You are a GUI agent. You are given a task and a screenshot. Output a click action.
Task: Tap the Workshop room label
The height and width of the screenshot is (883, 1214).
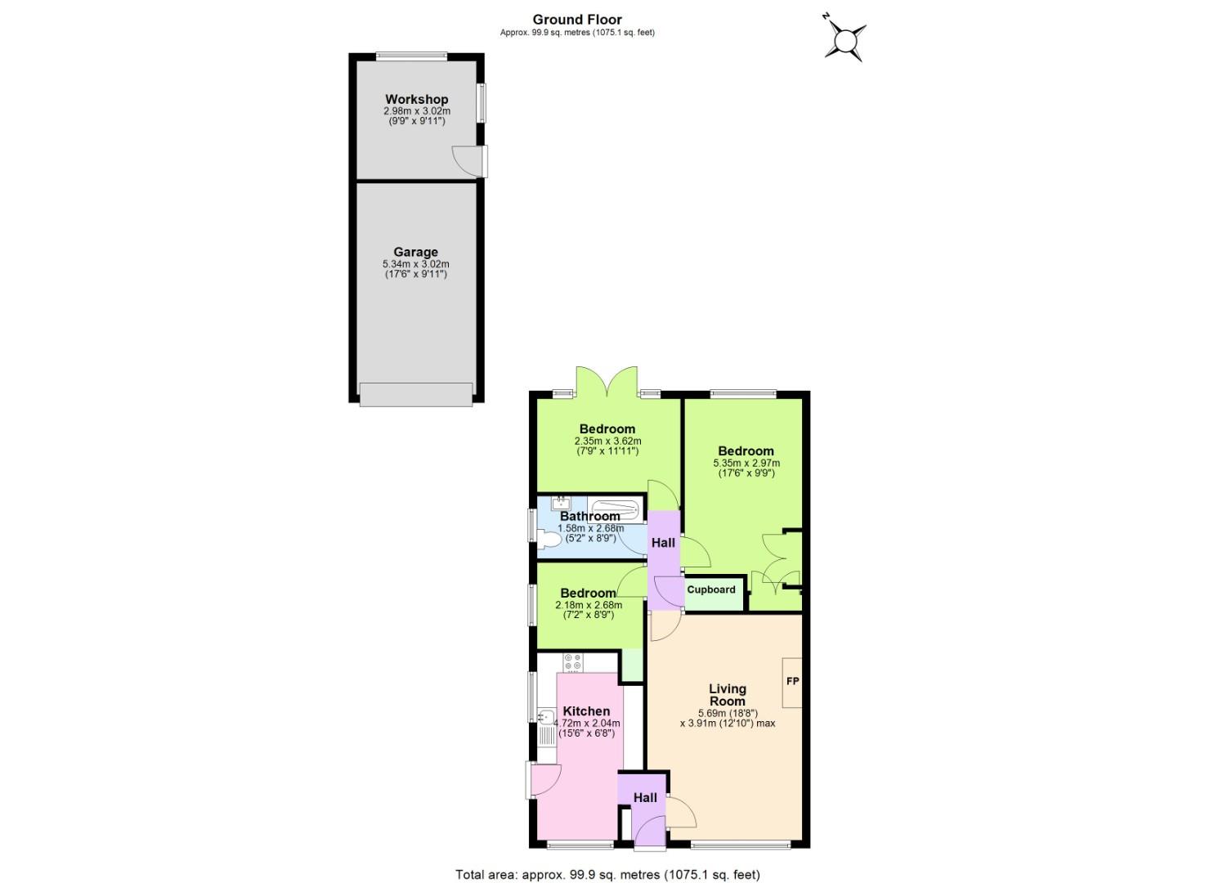416,100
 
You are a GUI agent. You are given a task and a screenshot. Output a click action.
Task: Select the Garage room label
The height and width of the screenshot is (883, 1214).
415,253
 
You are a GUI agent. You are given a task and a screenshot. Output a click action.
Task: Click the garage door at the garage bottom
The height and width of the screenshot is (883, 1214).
415,394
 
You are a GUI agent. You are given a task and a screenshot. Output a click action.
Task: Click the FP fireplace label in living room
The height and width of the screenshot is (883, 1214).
792,681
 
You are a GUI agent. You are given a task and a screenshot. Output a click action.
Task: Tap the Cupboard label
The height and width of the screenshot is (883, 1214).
710,589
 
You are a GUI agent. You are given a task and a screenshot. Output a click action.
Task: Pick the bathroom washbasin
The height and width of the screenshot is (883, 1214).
560,502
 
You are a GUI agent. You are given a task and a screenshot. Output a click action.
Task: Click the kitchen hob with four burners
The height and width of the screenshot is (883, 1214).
572,662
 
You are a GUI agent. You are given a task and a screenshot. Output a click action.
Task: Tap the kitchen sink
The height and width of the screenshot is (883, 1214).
546,718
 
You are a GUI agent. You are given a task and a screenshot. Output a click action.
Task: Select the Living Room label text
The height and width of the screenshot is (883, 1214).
727,695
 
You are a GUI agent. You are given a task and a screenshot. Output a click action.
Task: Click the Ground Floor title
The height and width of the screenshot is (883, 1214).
577,20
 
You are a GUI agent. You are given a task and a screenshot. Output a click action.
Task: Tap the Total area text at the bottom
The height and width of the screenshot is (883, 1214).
607,875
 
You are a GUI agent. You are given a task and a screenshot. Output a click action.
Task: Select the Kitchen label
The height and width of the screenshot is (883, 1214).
586,711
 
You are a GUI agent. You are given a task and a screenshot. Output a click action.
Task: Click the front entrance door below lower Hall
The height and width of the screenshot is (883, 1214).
650,834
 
